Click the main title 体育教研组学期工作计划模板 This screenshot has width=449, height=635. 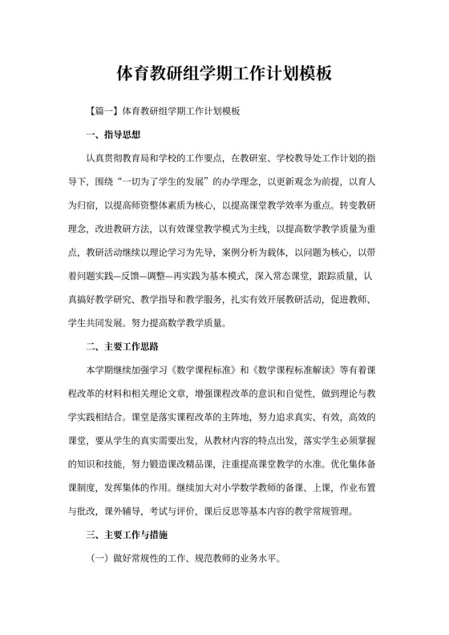pyautogui.click(x=224, y=74)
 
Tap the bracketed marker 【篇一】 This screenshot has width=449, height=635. pyautogui.click(x=102, y=111)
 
